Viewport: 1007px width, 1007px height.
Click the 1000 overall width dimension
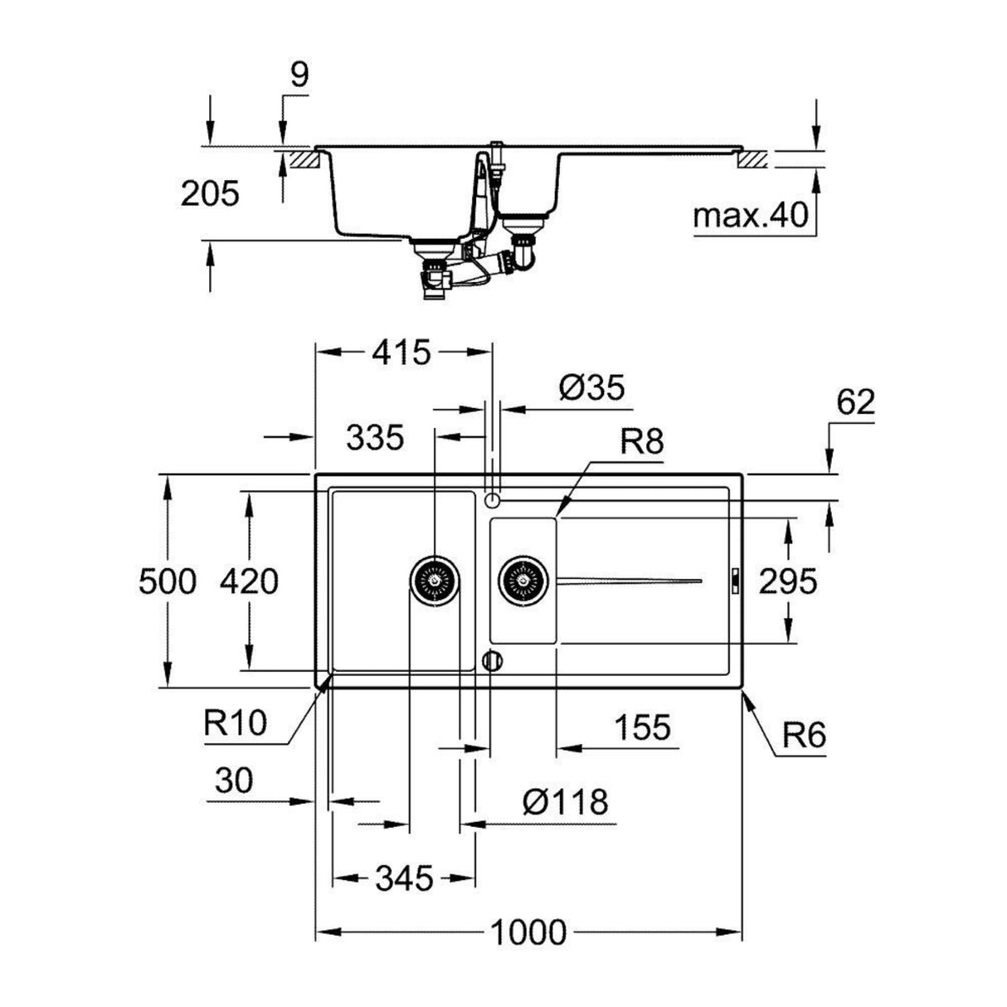[528, 932]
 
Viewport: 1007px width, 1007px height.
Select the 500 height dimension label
[168, 581]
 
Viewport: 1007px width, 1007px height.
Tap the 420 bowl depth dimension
[248, 581]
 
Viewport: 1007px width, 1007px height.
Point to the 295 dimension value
[787, 581]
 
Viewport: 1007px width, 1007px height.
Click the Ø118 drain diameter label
[566, 802]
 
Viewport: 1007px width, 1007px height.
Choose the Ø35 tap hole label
[591, 387]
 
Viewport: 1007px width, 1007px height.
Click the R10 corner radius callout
[236, 722]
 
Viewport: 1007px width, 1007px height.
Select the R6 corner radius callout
[802, 736]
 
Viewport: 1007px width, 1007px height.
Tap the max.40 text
[750, 216]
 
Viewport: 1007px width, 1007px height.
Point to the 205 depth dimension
[209, 193]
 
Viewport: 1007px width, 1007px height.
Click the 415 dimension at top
[401, 353]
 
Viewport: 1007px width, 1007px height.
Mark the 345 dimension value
[403, 878]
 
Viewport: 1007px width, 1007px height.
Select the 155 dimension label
[642, 727]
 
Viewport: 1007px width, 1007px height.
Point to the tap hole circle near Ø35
[491, 499]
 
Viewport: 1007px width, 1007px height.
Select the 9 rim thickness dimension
[299, 75]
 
